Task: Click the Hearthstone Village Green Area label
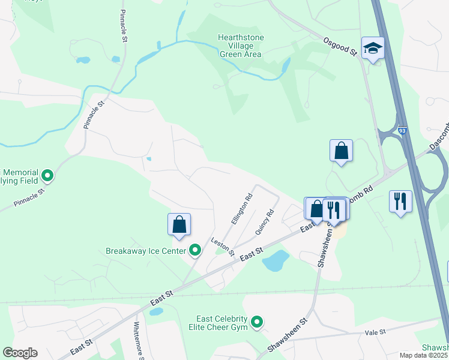pyautogui.click(x=240, y=46)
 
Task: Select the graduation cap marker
pyautogui.click(x=373, y=50)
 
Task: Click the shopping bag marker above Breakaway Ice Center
pyautogui.click(x=179, y=225)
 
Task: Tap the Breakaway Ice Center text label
pyautogui.click(x=146, y=251)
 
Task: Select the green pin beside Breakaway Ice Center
pyautogui.click(x=195, y=250)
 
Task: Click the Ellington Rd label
pyautogui.click(x=241, y=209)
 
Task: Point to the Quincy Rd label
pyautogui.click(x=264, y=222)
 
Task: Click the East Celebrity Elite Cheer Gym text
pyautogui.click(x=221, y=323)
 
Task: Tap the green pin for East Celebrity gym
pyautogui.click(x=258, y=323)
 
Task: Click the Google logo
pyautogui.click(x=20, y=353)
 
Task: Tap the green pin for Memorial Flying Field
pyautogui.click(x=47, y=176)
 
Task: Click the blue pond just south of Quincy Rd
pyautogui.click(x=276, y=260)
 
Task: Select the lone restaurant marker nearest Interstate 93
pyautogui.click(x=400, y=201)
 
